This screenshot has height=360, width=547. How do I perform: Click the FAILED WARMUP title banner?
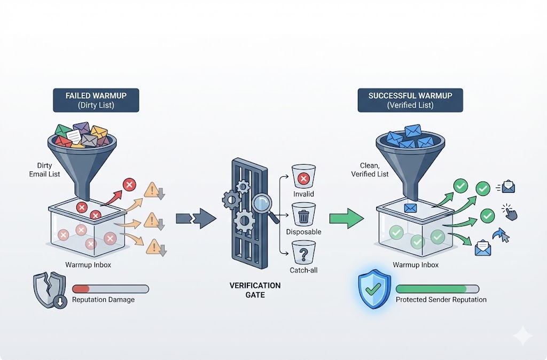[x=96, y=100]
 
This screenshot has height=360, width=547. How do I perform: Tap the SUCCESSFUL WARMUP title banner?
[x=410, y=100]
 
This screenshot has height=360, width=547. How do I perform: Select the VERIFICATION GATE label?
[x=255, y=290]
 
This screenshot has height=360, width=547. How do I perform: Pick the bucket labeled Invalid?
[x=303, y=177]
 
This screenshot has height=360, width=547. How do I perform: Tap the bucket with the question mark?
[x=303, y=253]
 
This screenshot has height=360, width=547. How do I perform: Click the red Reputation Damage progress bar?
[x=111, y=289]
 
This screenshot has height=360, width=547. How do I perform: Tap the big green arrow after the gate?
[x=346, y=218]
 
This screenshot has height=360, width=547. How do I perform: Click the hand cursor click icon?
[x=510, y=212]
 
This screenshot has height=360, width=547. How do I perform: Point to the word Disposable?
[x=303, y=232]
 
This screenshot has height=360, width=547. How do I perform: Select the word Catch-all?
[x=303, y=270]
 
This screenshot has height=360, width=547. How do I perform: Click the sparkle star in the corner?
[x=522, y=336]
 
